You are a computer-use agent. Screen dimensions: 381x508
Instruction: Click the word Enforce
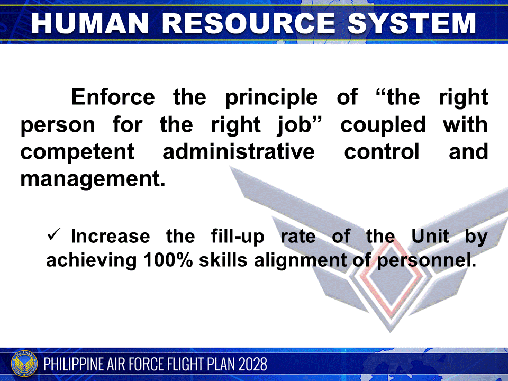point(113,98)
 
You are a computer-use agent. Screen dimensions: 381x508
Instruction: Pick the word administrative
point(239,152)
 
